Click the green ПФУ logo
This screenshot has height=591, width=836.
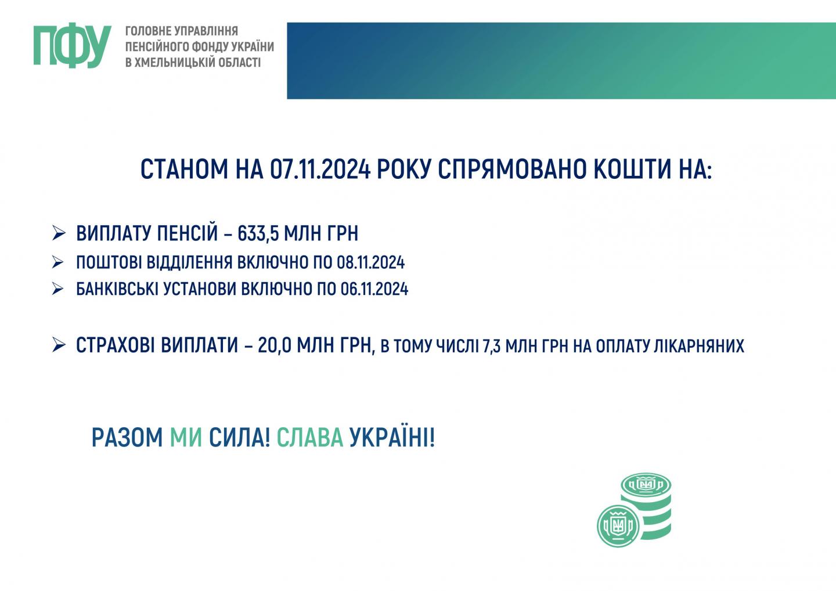pos(73,45)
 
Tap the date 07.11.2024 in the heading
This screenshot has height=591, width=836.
pos(320,169)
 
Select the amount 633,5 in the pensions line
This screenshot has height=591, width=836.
pos(258,233)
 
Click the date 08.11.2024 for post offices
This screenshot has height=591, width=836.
pos(370,262)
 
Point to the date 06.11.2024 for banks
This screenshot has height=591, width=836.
pos(374,289)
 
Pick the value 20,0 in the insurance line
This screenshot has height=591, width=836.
pos(274,345)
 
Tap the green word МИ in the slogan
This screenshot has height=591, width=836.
pos(186,437)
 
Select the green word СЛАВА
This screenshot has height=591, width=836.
pos(309,437)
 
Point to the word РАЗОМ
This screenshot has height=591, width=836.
pos(127,437)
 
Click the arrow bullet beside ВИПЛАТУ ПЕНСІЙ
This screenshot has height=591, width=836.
pos(59,233)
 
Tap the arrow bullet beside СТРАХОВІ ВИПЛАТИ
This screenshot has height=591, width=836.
pos(59,345)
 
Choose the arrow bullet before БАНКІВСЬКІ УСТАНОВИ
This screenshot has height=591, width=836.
pos(58,289)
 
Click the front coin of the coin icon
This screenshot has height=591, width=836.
pos(618,526)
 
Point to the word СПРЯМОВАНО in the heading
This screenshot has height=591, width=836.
pos(511,169)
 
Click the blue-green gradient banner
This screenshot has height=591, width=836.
pos(561,61)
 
